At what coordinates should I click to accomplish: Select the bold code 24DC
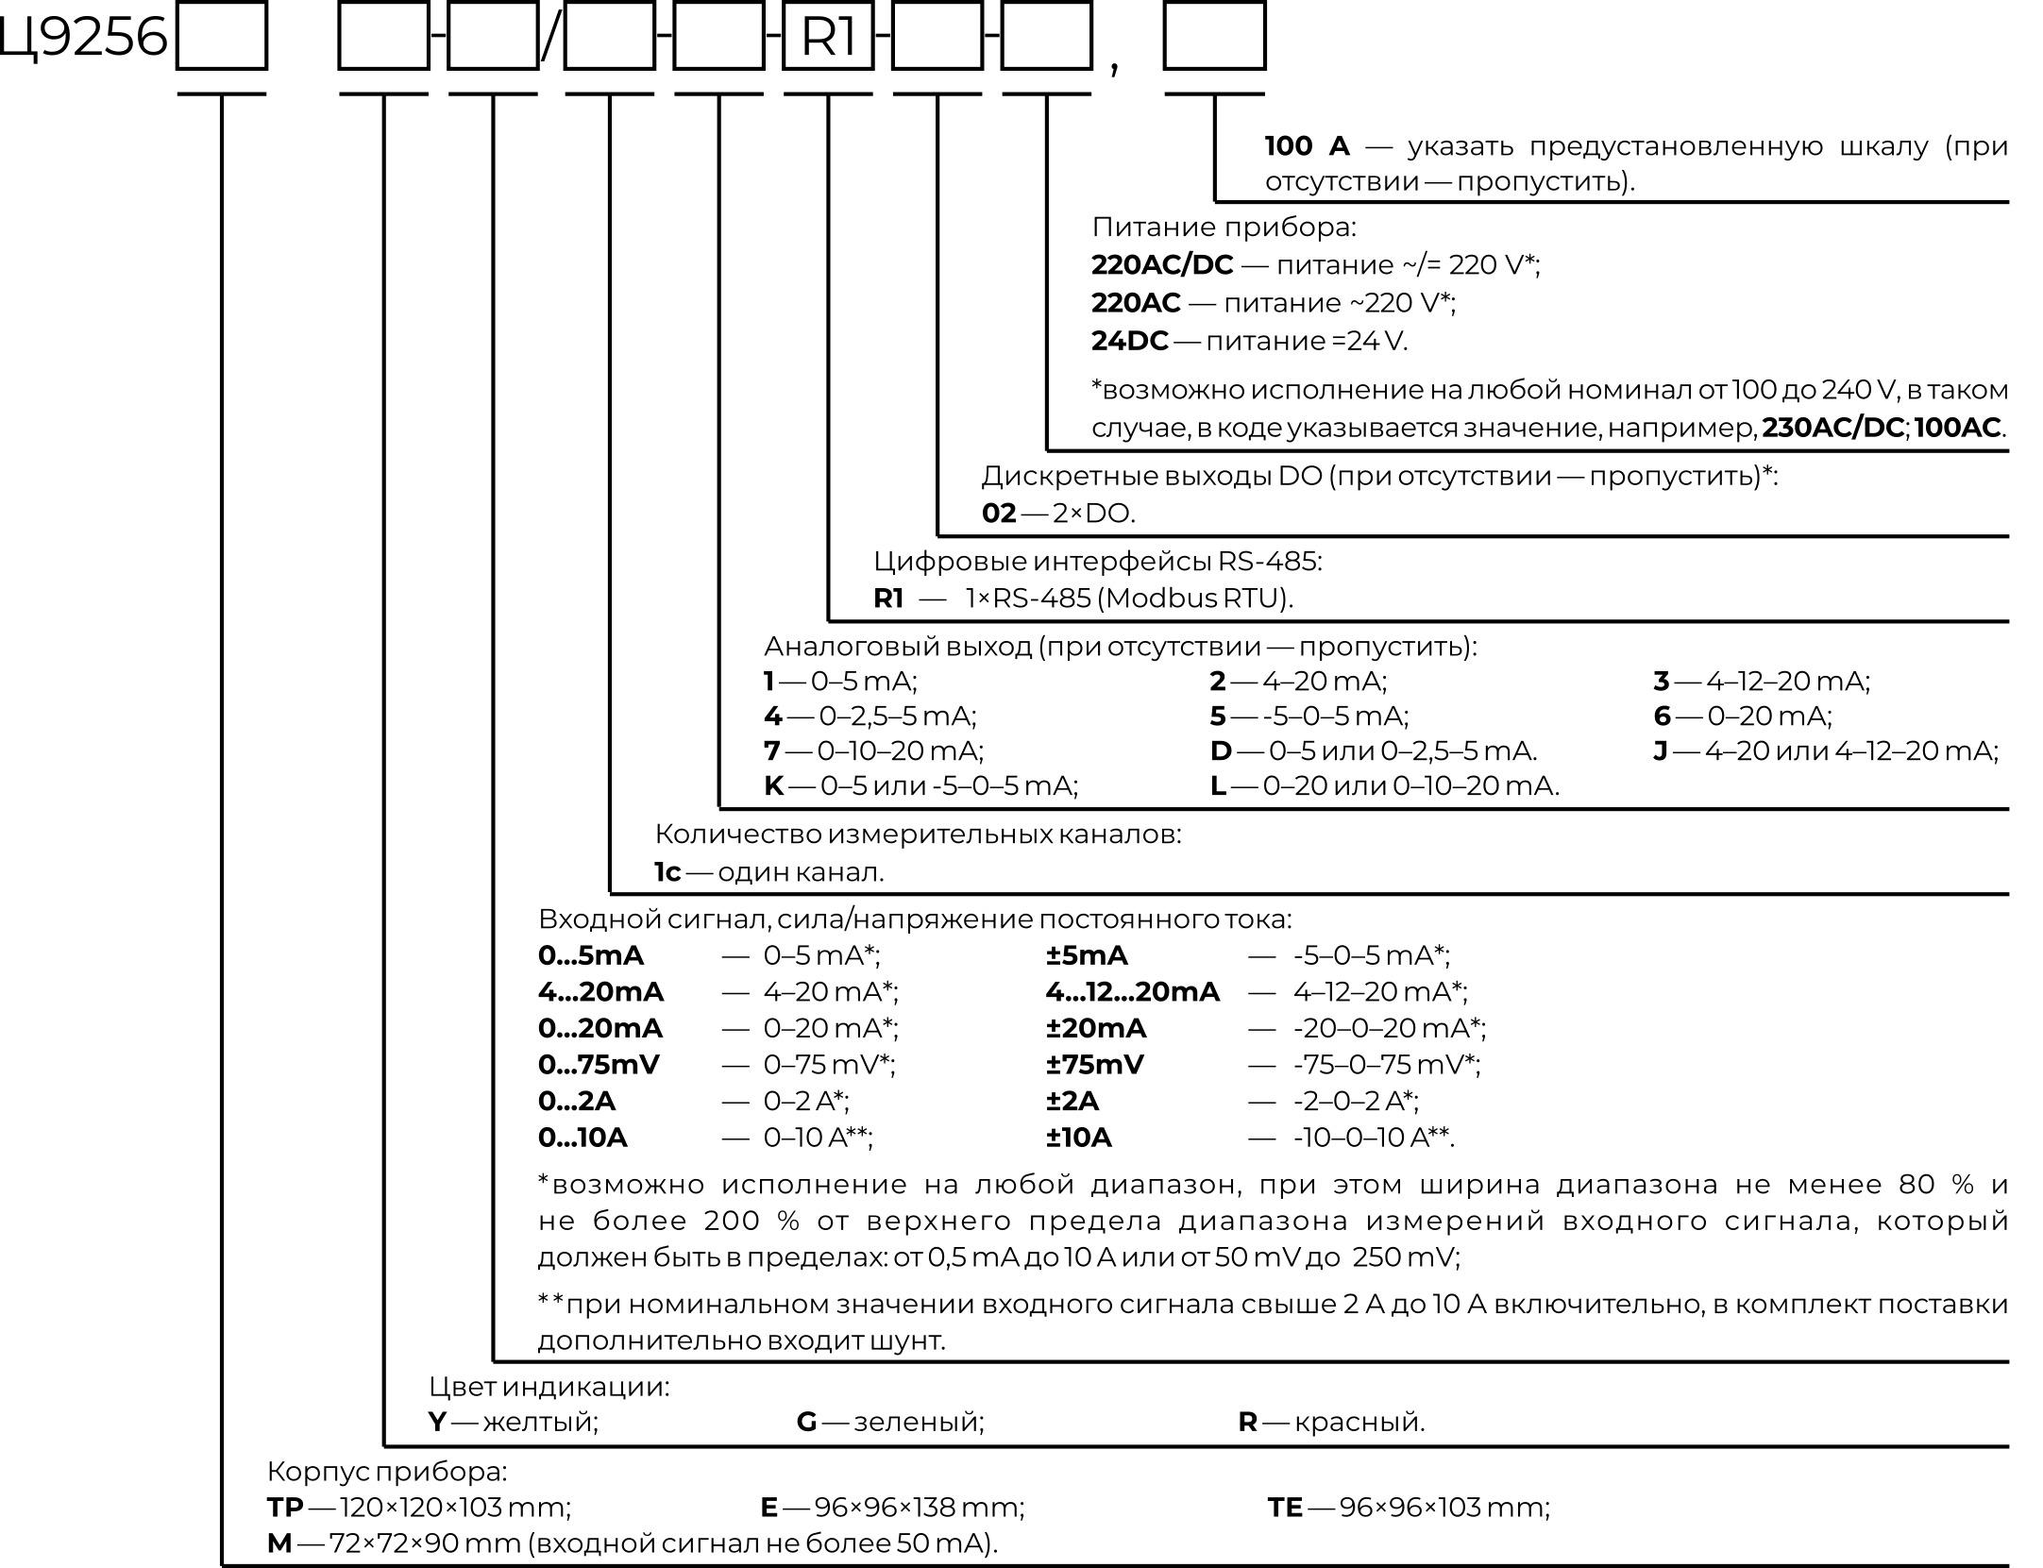(1129, 341)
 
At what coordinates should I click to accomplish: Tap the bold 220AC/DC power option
(1161, 265)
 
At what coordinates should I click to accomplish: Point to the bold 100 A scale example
(1307, 146)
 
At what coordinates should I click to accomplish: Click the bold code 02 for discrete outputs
(998, 514)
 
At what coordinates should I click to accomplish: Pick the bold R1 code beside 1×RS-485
(888, 599)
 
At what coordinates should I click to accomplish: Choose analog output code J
(1661, 751)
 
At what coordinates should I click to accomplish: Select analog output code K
(773, 785)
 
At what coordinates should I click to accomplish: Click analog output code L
(1218, 785)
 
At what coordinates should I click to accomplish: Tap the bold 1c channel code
(667, 872)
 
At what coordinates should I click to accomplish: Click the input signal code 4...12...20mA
(1132, 992)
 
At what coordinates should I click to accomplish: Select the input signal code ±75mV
(1094, 1065)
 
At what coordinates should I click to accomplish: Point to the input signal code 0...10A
(582, 1138)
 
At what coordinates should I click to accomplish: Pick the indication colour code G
(806, 1422)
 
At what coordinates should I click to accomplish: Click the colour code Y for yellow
(436, 1422)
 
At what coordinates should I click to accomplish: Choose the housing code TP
(284, 1508)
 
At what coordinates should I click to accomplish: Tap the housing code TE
(1284, 1508)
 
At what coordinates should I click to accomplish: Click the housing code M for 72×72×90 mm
(279, 1543)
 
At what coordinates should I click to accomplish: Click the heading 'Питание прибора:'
(1224, 228)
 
